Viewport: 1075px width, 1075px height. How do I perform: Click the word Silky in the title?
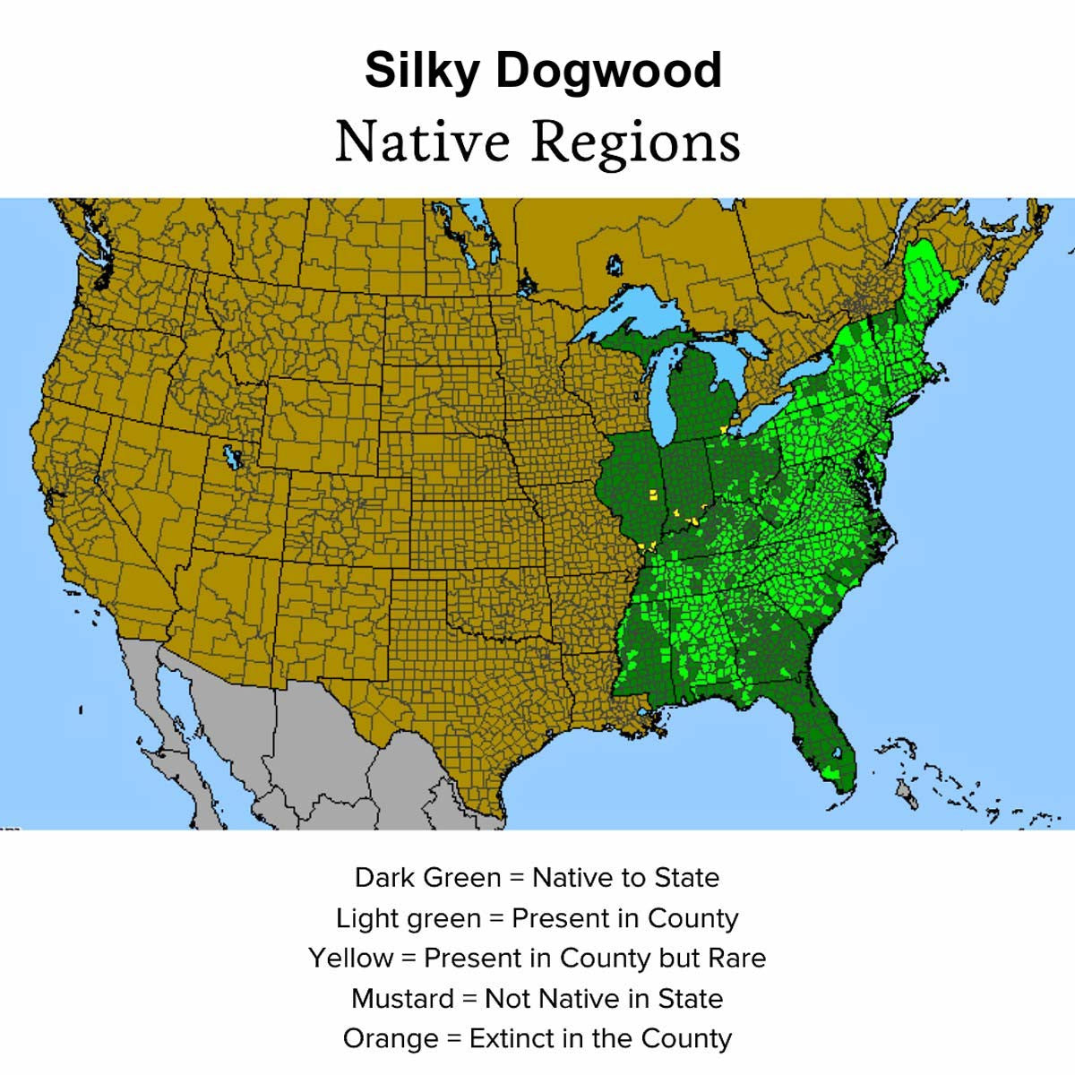[x=421, y=72]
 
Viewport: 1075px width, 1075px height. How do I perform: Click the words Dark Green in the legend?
[x=427, y=877]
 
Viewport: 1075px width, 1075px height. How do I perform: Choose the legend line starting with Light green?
[x=537, y=918]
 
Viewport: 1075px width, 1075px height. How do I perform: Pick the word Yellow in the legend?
[x=351, y=958]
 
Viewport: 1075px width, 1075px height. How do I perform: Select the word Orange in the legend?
[x=391, y=1038]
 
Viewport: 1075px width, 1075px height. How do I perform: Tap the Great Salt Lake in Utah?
[x=232, y=457]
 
